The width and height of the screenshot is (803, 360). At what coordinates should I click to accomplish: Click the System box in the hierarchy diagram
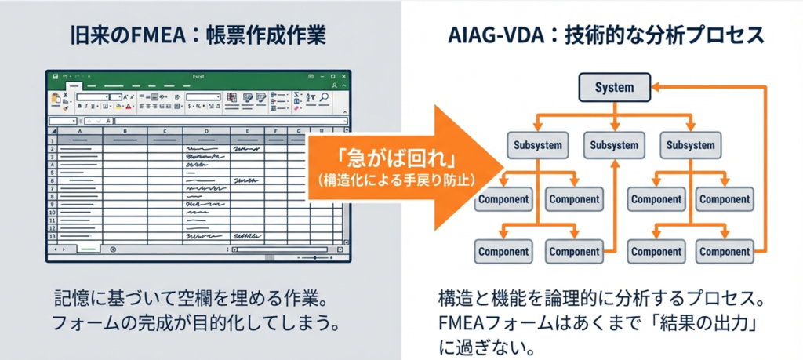614,87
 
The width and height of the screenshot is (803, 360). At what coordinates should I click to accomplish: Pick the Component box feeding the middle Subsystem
574,252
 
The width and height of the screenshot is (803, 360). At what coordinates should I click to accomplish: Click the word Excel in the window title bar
198,77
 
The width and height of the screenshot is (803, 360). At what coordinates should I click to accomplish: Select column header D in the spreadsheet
206,132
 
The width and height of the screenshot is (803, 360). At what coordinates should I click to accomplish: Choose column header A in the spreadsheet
82,132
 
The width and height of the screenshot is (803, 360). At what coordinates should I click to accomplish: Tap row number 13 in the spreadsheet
53,236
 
